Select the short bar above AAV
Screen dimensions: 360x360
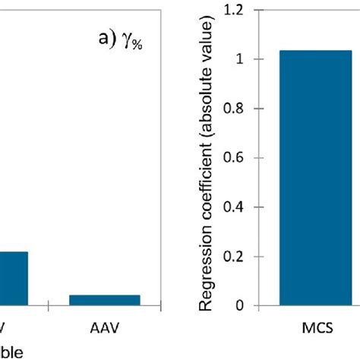click(x=105, y=300)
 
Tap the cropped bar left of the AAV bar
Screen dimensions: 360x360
click(x=14, y=278)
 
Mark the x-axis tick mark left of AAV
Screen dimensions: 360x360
click(x=49, y=307)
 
